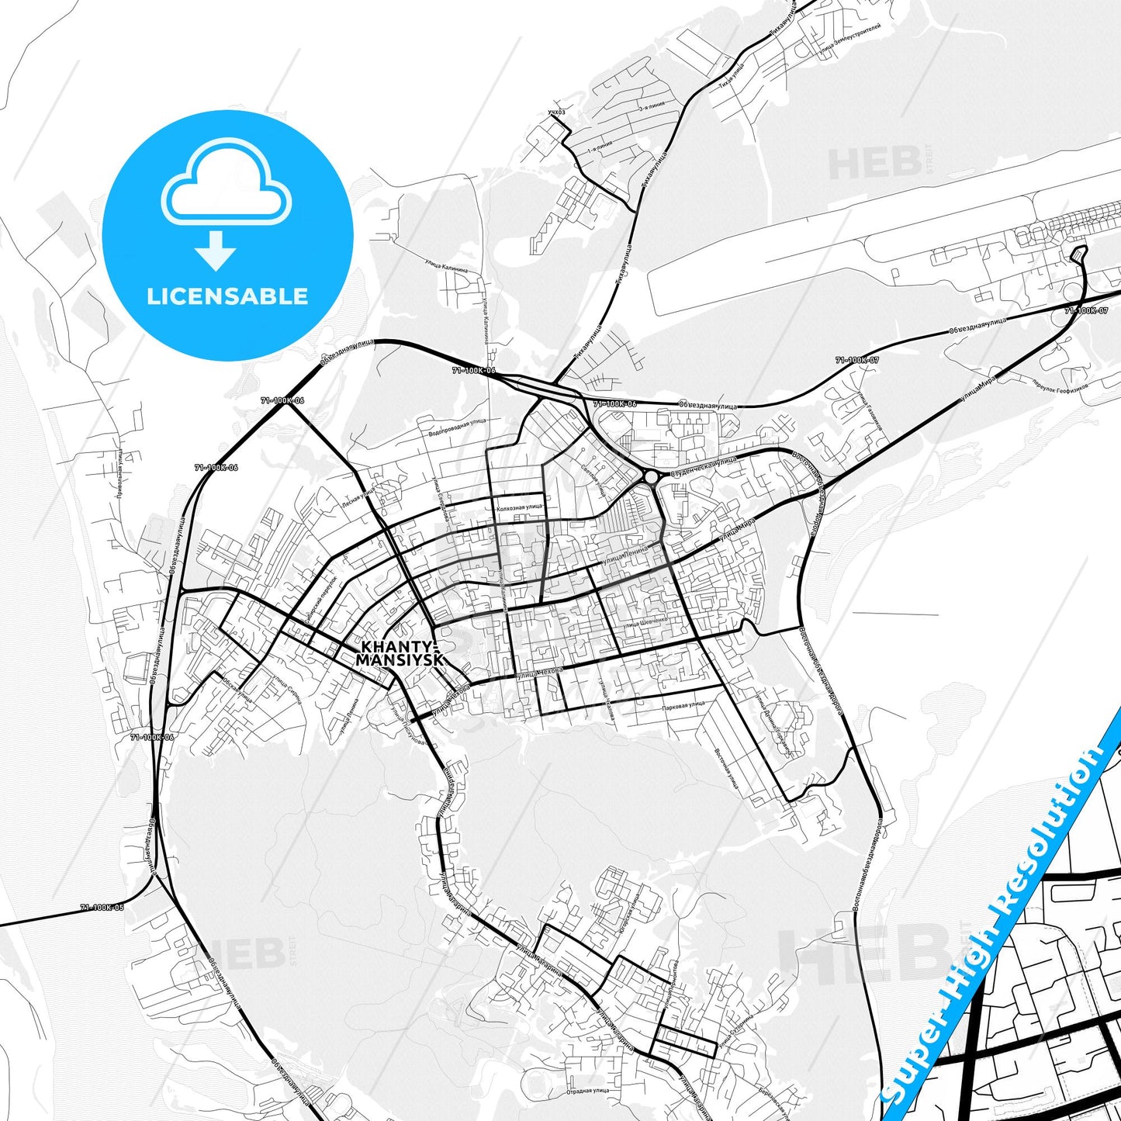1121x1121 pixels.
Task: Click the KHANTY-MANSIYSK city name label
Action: [400, 653]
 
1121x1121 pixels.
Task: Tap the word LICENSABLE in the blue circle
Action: [227, 296]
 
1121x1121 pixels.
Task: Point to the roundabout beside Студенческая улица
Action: [650, 476]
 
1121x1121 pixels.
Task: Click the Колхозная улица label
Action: [519, 507]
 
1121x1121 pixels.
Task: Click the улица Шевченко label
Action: [644, 621]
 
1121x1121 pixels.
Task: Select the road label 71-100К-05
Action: [102, 907]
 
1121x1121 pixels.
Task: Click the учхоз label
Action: [556, 112]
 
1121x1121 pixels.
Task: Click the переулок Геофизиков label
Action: [1060, 385]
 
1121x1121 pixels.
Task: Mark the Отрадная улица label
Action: [587, 1090]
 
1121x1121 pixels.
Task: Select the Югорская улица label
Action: [629, 915]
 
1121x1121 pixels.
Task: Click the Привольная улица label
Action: [121, 474]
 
